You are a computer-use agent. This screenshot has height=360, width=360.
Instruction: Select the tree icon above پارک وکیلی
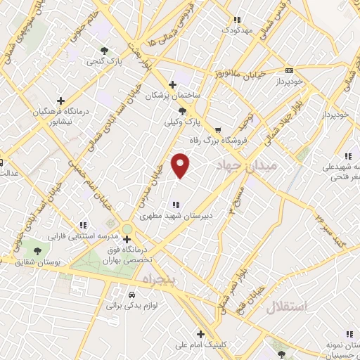(x=182, y=110)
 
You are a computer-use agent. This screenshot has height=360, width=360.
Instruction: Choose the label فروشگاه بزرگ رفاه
(x=219, y=141)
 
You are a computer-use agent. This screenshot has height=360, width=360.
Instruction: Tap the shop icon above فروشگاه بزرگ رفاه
(x=218, y=129)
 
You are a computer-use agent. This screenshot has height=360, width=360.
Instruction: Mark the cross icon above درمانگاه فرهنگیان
(x=61, y=101)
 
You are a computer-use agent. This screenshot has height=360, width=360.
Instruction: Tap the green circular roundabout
(x=127, y=229)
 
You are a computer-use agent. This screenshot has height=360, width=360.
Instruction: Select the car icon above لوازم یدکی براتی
(x=131, y=295)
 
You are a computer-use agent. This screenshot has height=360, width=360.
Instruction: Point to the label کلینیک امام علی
(x=201, y=345)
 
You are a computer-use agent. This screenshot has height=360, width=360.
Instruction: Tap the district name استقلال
(x=287, y=307)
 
